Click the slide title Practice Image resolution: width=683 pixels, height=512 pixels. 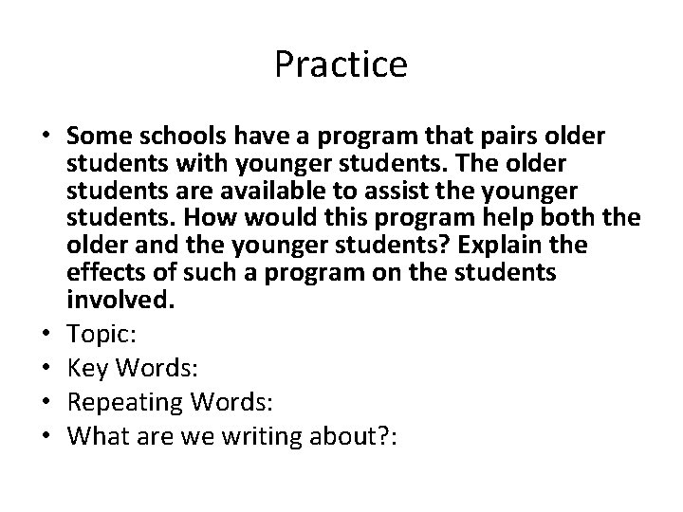coord(341,65)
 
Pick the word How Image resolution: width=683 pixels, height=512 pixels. coord(208,217)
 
